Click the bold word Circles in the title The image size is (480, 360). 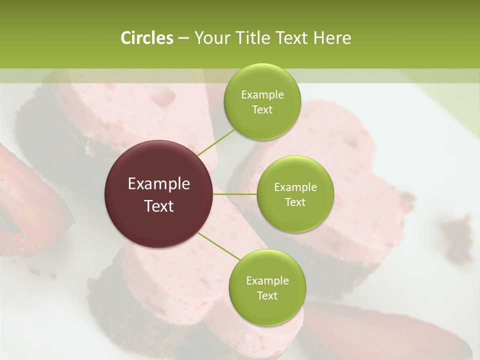coord(146,38)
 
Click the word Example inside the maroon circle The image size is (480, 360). coord(159,184)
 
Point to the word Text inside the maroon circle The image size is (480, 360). coord(159,206)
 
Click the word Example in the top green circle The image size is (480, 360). coord(262,95)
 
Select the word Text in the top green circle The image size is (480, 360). coord(262,109)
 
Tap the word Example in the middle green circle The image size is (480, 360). coord(295,187)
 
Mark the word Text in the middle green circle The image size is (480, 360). coord(295,202)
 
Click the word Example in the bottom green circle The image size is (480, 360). coord(267,281)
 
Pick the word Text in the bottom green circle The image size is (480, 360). coord(267,295)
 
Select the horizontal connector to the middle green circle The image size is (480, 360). coord(235,194)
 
